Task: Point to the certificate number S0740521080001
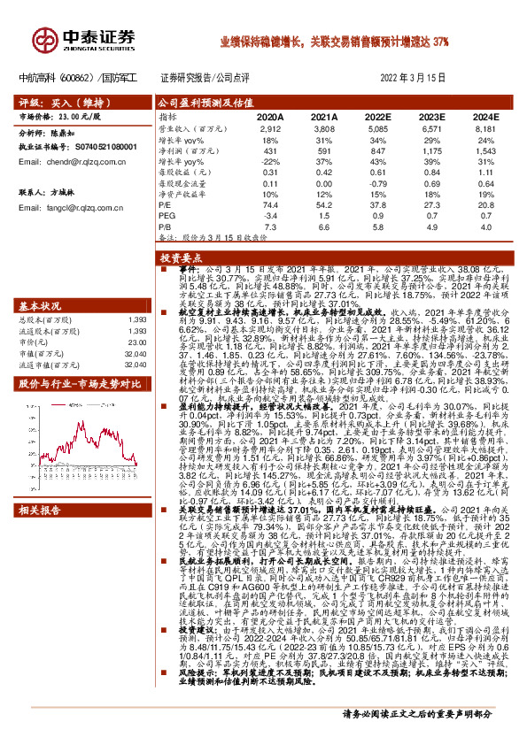[x=101, y=146]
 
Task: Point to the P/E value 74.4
[x=271, y=204]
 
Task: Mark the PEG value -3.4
[x=271, y=215]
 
